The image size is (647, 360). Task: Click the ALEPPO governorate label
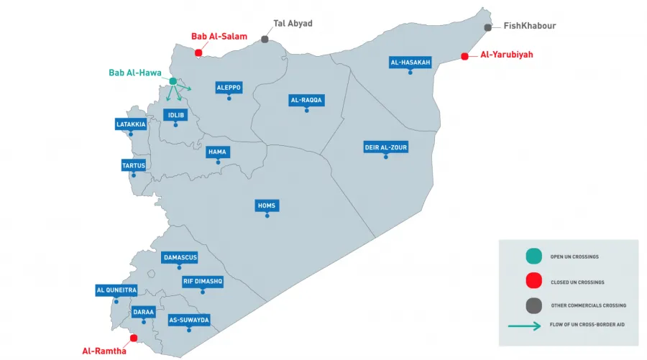[x=229, y=88]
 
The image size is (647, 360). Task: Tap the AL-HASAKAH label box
[x=410, y=63]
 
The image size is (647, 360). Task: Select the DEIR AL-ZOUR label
[x=386, y=148]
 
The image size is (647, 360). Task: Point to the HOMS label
[x=267, y=206]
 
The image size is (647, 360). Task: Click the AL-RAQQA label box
[x=306, y=101]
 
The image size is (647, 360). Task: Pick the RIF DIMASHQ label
[x=203, y=282]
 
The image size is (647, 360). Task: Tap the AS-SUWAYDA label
[x=188, y=320]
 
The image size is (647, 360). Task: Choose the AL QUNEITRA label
[x=116, y=290]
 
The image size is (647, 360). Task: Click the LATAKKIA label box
[x=131, y=124]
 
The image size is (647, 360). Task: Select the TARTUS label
[x=134, y=165]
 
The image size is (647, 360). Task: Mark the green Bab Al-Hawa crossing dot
[x=173, y=81]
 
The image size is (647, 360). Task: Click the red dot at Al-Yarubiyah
[x=464, y=56]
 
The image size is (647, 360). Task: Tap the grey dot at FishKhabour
[x=487, y=27]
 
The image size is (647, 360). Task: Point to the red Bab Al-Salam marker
[x=198, y=52]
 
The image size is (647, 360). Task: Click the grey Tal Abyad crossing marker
[x=265, y=40]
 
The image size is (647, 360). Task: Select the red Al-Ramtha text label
[x=104, y=351]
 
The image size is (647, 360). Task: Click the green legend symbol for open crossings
[x=533, y=256]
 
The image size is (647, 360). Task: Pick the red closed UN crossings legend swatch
[x=533, y=281]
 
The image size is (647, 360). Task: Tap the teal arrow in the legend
[x=525, y=326]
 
